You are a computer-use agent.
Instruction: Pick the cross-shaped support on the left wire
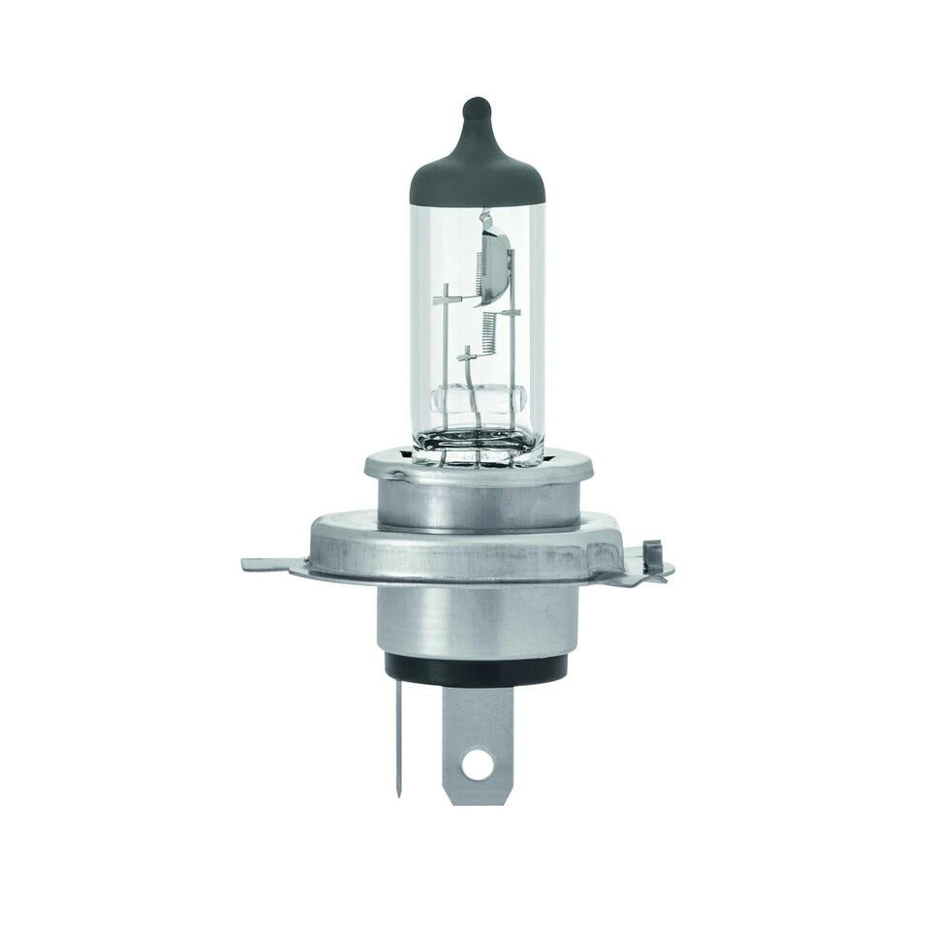pyautogui.click(x=446, y=299)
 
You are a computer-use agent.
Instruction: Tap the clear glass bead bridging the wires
pyautogui.click(x=478, y=397)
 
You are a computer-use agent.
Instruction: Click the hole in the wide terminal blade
pyautogui.click(x=477, y=763)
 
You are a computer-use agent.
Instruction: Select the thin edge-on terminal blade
pyautogui.click(x=399, y=736)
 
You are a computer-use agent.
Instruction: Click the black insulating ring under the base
pyautogui.click(x=476, y=668)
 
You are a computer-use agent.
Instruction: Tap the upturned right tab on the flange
pyautogui.click(x=652, y=560)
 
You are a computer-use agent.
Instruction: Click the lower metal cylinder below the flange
pyautogui.click(x=477, y=620)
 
